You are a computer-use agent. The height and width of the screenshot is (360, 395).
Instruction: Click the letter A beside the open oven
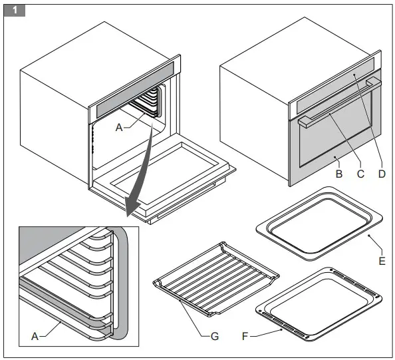[x=119, y=126]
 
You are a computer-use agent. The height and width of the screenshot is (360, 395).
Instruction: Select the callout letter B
[x=338, y=174]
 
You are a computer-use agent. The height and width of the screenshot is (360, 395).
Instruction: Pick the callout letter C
[x=360, y=174]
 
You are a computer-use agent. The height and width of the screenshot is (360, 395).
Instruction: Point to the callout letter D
[x=382, y=174]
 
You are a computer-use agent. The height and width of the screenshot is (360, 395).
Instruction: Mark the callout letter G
[x=214, y=336]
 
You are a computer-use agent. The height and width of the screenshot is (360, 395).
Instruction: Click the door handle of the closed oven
[x=339, y=100]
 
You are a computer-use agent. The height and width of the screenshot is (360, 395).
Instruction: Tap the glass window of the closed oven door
[x=332, y=136]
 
